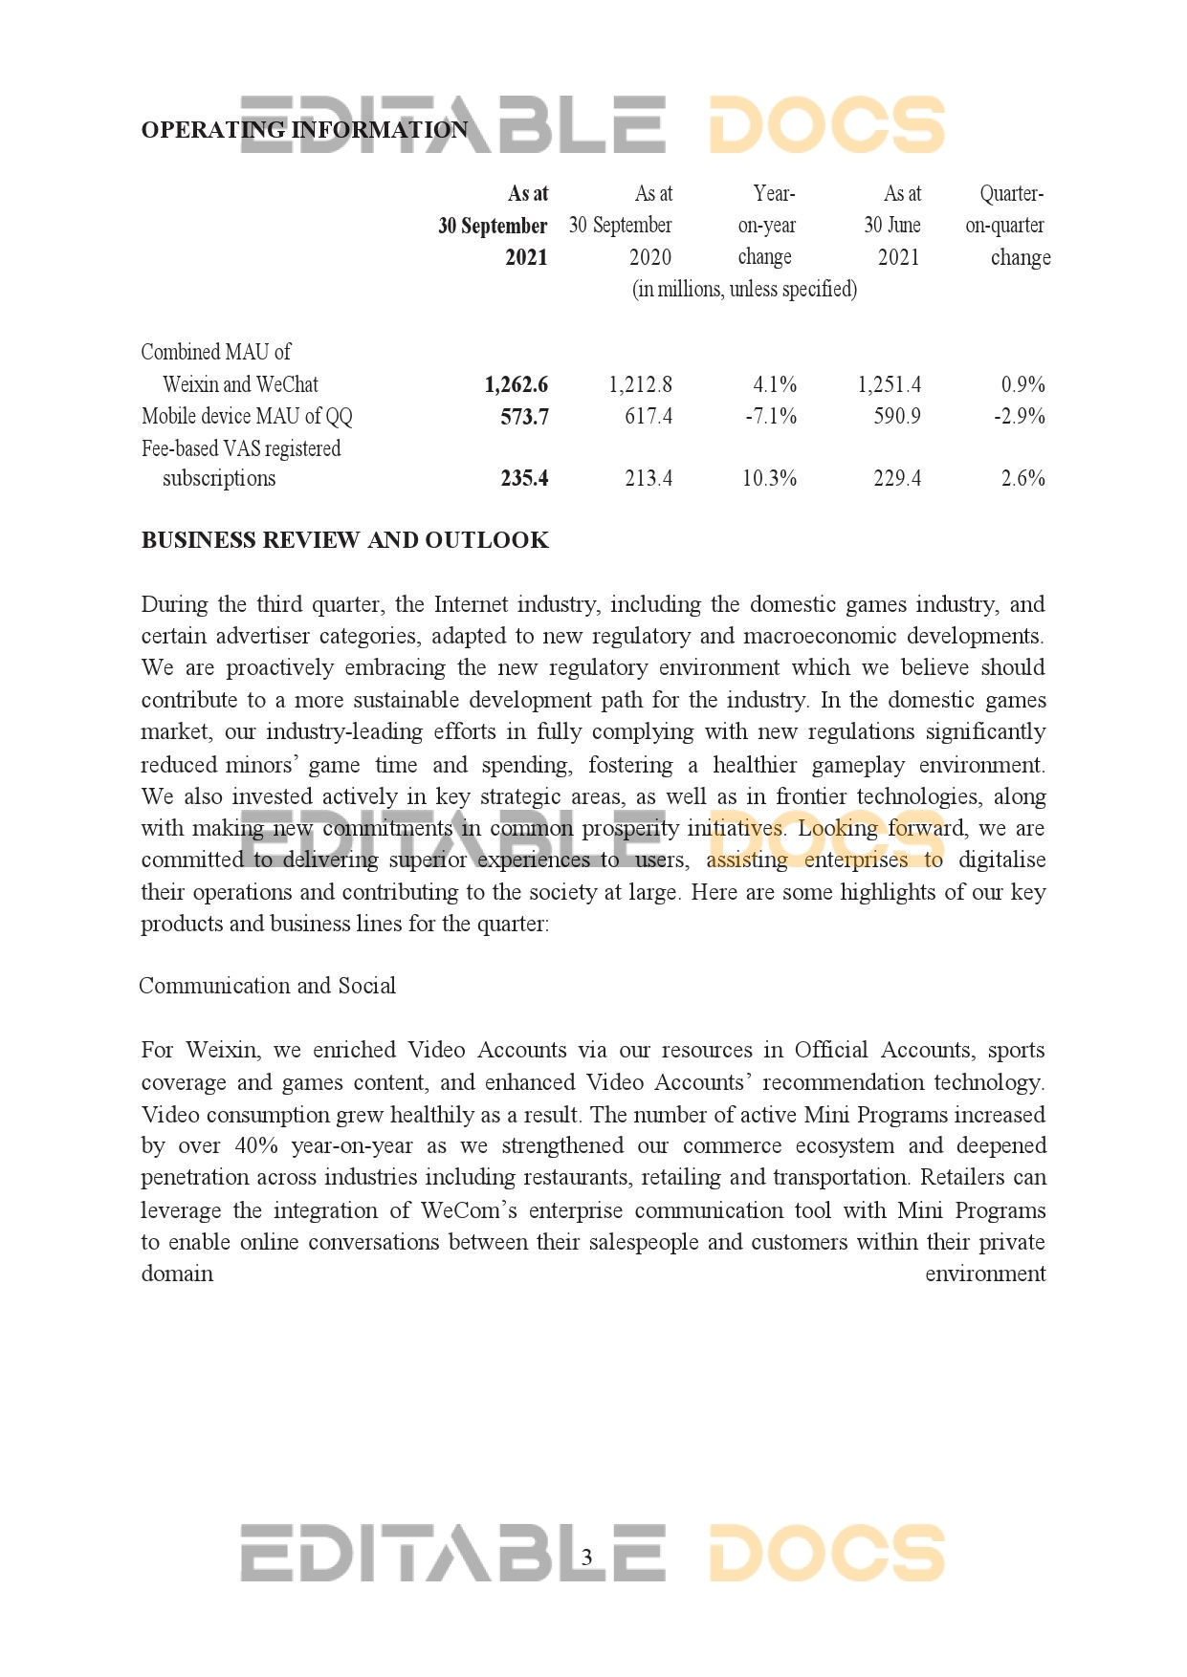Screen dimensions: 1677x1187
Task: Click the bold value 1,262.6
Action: coord(516,384)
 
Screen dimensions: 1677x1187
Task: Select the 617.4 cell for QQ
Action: coord(648,416)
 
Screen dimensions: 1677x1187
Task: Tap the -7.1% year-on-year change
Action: coord(770,416)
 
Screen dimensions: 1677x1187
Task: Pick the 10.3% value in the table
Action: coord(769,478)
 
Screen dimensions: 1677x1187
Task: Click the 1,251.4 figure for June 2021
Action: coord(889,384)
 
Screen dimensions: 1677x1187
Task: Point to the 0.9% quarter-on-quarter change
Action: coord(1022,384)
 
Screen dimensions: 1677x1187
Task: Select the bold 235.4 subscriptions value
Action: coord(524,478)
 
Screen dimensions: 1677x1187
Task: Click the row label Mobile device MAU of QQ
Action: coord(247,416)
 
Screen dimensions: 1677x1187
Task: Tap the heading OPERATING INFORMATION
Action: coord(304,130)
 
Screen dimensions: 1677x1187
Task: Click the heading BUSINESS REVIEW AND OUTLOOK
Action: coord(344,540)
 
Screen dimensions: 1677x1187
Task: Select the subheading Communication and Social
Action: coord(267,986)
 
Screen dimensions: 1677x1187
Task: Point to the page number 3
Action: coord(587,1557)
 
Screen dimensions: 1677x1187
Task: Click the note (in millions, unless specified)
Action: coord(744,289)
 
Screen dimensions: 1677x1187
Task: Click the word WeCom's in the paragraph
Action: coord(469,1209)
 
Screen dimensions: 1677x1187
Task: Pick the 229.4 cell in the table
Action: coord(896,478)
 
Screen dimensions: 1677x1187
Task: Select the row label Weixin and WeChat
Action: coord(240,384)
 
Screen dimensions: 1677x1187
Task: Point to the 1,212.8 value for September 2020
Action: coord(640,384)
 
